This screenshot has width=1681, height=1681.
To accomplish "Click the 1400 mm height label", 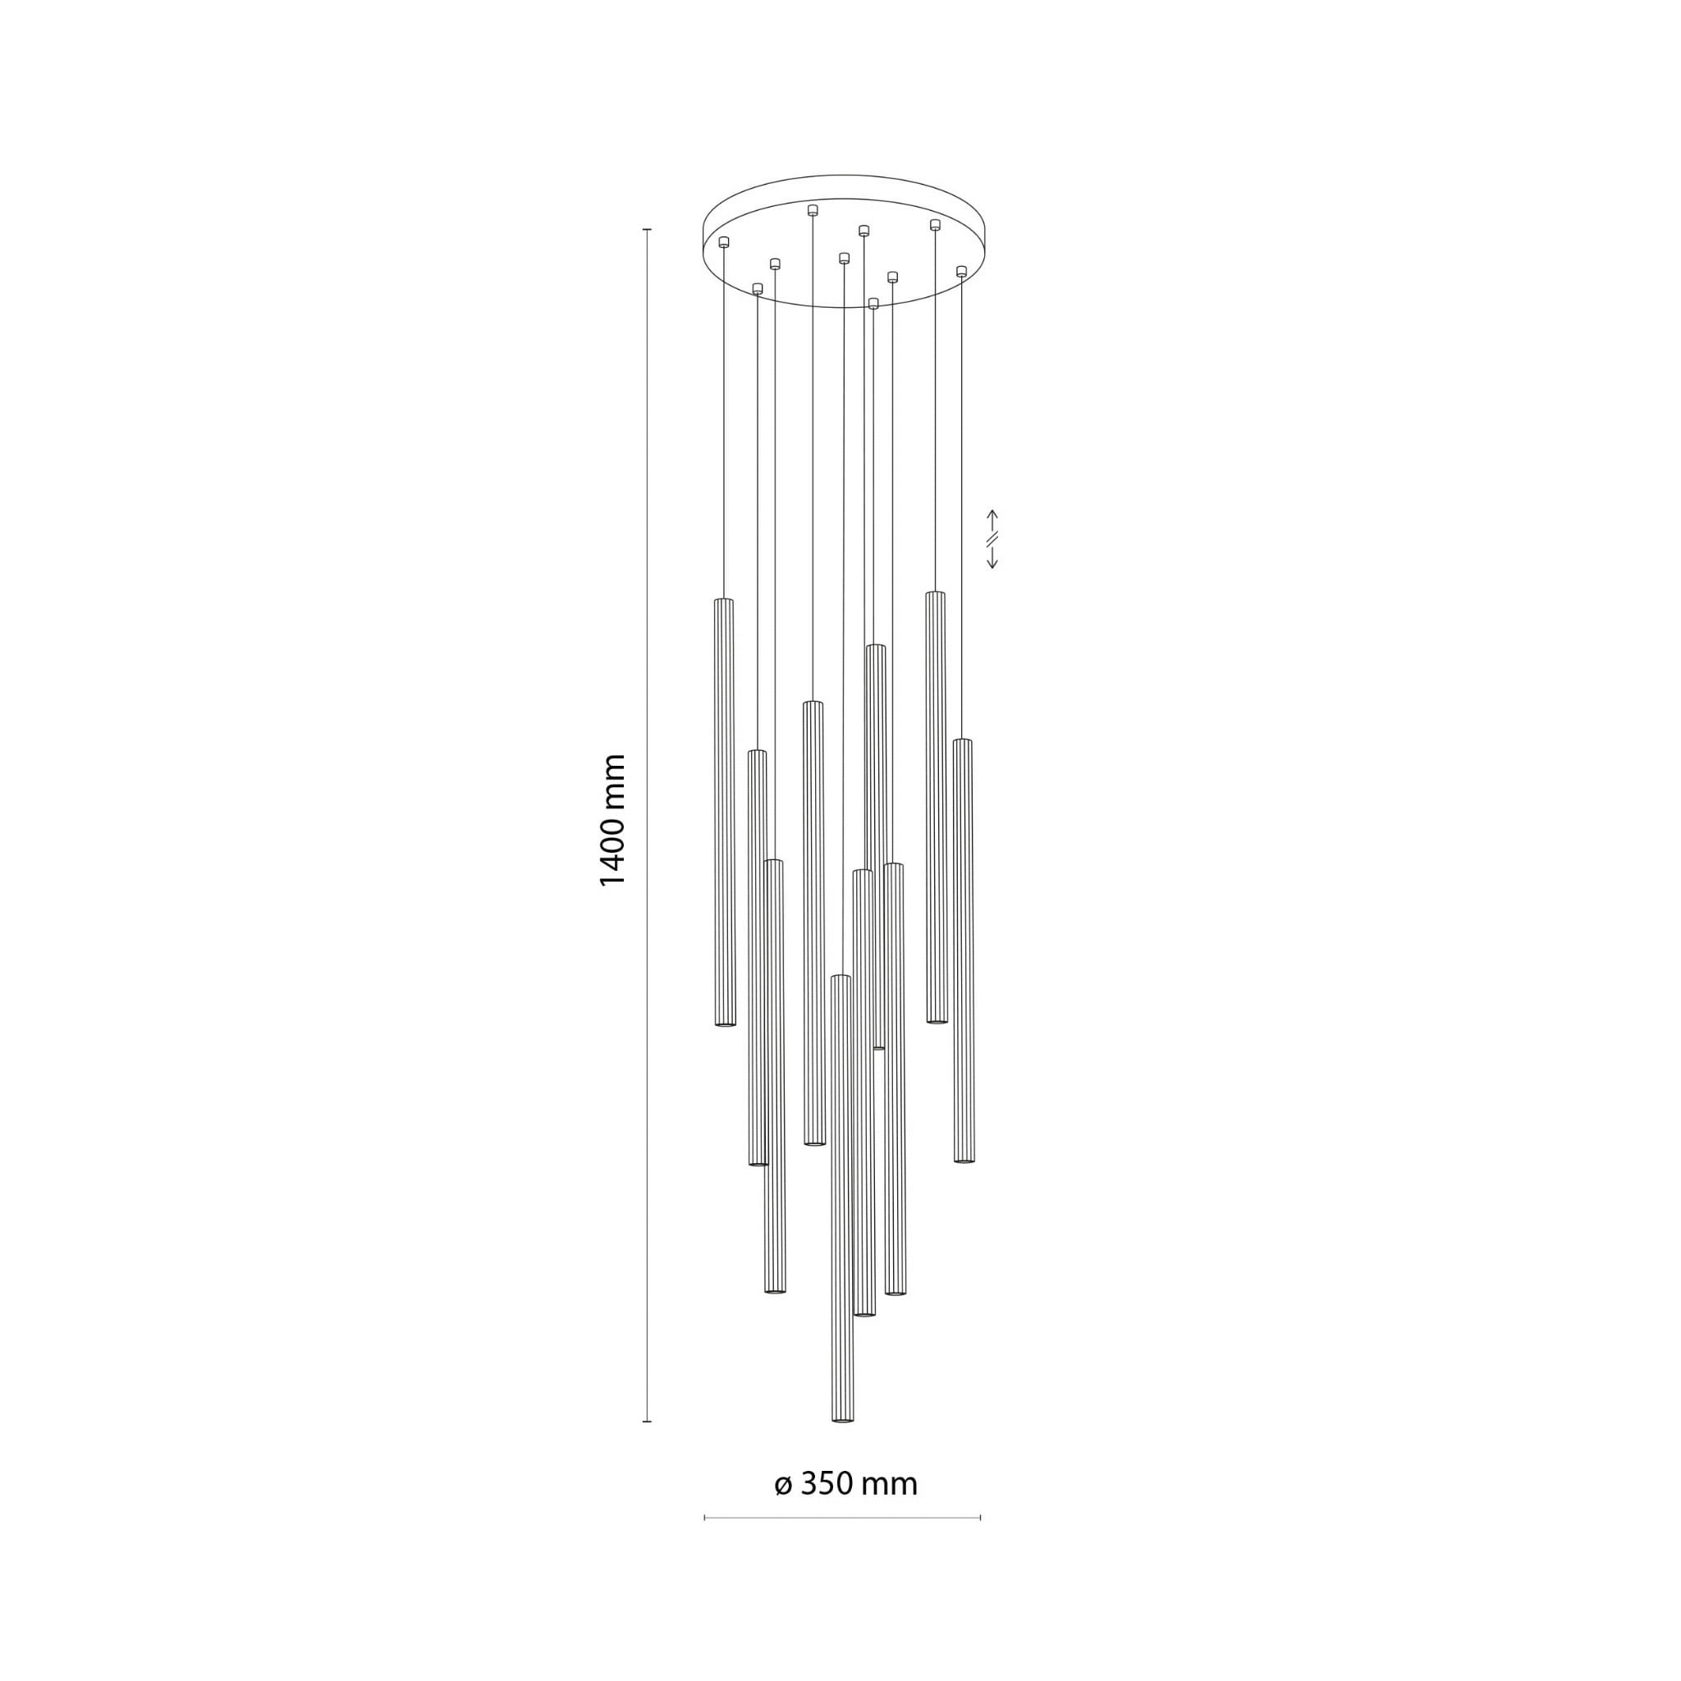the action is tap(612, 821).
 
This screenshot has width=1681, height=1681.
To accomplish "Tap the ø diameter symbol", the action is tap(782, 1484).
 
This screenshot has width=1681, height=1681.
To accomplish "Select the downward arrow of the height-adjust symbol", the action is tap(992, 560).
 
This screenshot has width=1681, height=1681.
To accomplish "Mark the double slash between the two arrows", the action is tap(992, 539).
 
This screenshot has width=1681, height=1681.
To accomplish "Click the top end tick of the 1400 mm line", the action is tap(647, 229).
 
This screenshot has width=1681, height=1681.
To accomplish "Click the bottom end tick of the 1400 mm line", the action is tap(647, 1422).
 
